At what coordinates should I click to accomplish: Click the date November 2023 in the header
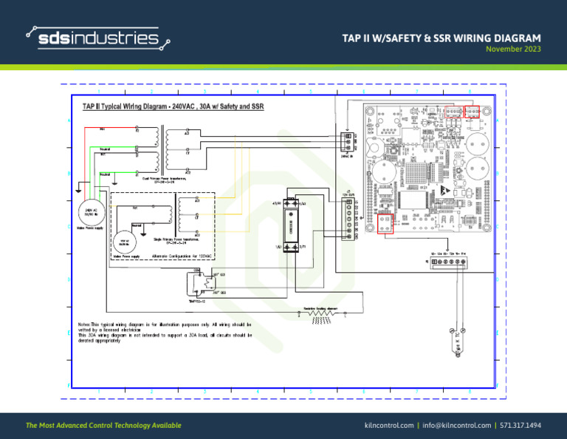[513, 50]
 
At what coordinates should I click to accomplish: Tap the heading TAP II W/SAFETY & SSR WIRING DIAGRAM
[441, 38]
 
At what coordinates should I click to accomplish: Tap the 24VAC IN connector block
[347, 140]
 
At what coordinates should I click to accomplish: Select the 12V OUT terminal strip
[348, 217]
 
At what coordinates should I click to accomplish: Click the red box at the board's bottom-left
[385, 224]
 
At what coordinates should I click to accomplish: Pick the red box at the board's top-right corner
[471, 112]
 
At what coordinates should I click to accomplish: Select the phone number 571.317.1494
[520, 426]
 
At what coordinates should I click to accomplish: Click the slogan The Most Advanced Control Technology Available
[103, 426]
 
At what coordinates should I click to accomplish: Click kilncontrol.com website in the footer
[388, 426]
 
